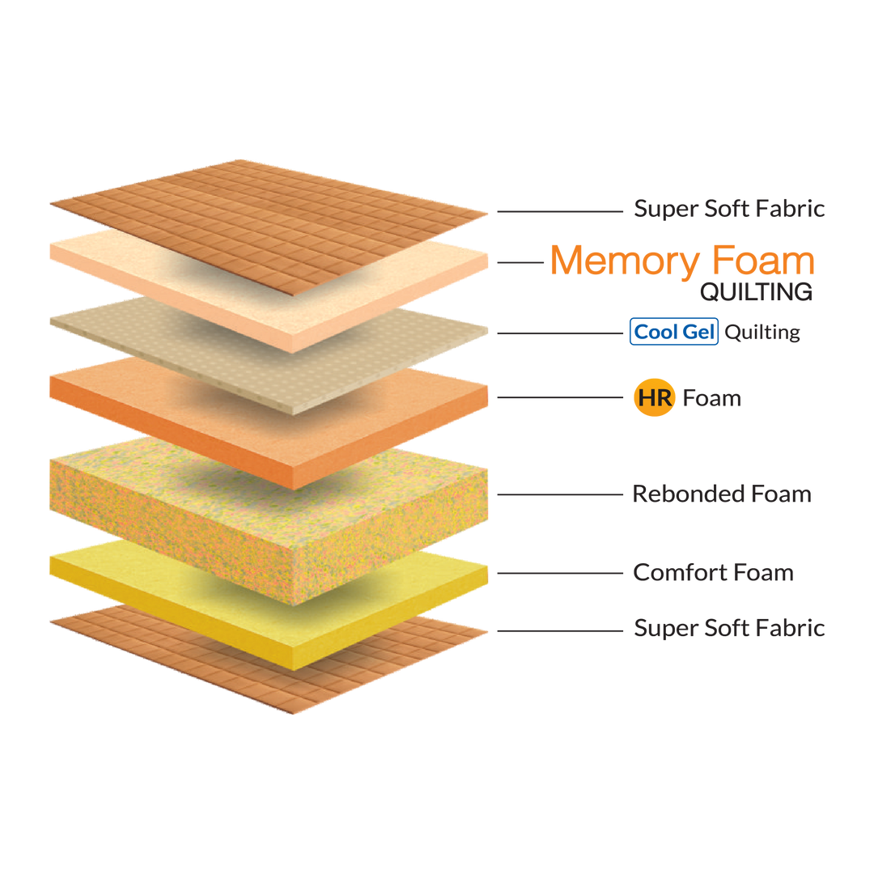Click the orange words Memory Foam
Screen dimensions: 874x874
(681, 261)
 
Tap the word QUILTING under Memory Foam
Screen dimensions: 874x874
(756, 292)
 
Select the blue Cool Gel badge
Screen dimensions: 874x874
(673, 332)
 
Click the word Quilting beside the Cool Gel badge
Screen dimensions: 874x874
(762, 333)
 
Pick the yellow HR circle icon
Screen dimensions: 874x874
(654, 398)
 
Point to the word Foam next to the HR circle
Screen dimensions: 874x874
(711, 398)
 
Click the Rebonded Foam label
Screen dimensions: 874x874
(721, 494)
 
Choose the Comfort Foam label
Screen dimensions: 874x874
(713, 573)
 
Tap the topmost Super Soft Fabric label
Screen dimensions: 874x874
(729, 209)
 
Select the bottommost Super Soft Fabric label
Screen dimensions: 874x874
(729, 628)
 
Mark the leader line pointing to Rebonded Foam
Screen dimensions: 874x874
(558, 494)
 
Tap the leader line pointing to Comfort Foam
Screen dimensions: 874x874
(558, 573)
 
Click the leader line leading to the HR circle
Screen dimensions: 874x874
(558, 398)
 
